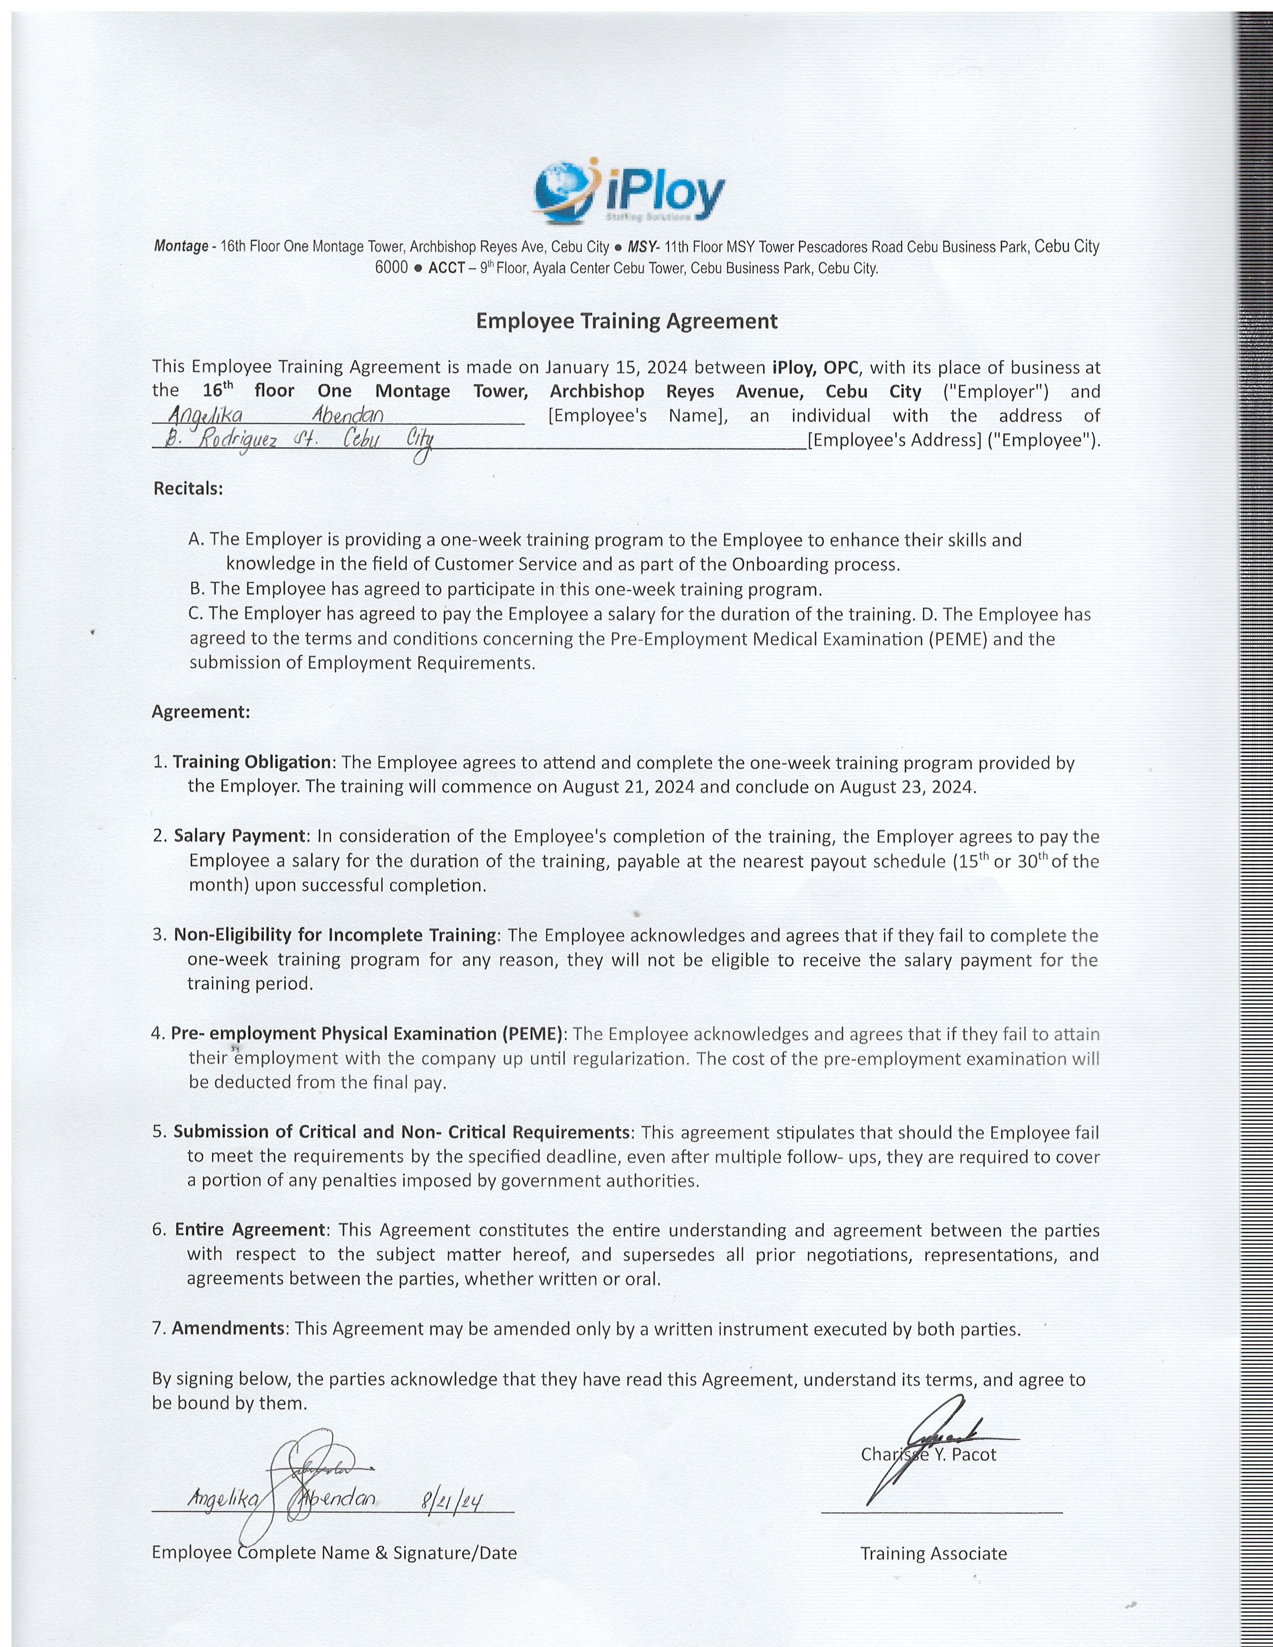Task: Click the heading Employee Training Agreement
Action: tap(626, 321)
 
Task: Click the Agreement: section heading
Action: tap(201, 711)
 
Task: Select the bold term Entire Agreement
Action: tap(250, 1230)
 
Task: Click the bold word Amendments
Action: tap(229, 1328)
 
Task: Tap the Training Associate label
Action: tap(933, 1554)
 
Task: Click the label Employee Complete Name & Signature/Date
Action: tap(334, 1552)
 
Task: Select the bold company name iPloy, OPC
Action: tap(815, 367)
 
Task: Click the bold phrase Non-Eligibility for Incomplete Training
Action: tap(335, 935)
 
